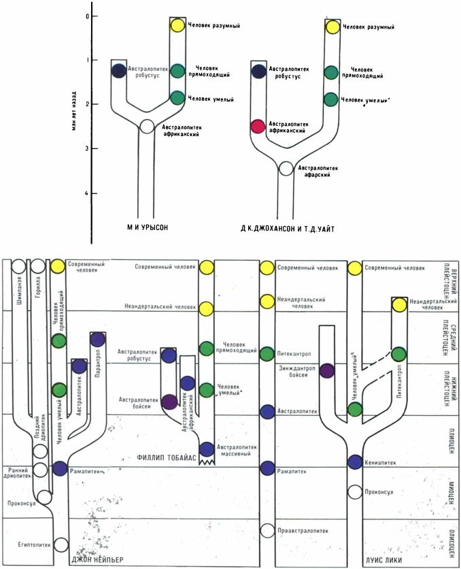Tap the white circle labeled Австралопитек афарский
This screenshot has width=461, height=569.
click(286, 169)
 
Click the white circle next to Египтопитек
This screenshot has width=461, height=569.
click(61, 544)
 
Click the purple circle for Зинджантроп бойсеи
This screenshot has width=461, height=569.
click(327, 371)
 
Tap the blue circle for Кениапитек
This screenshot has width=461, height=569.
click(354, 461)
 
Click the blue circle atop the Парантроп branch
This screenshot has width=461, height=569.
click(98, 338)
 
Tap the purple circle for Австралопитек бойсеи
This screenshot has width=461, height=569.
click(169, 402)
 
